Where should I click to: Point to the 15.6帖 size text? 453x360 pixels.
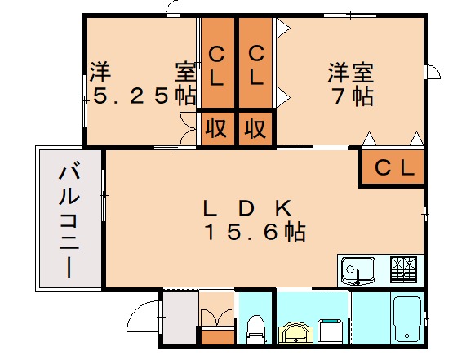[x=254, y=233]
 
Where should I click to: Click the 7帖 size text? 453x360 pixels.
[x=352, y=96]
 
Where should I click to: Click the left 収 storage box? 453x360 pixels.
[x=216, y=128]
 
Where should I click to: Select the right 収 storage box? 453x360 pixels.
[x=256, y=128]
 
